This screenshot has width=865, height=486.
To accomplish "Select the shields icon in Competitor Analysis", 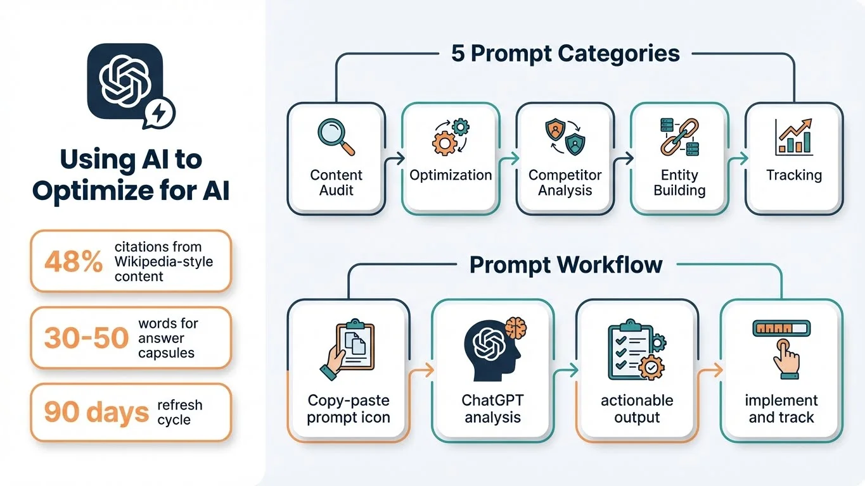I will (x=565, y=135).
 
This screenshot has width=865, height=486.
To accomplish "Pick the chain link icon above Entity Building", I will (x=679, y=135).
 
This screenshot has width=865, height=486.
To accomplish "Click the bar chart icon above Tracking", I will (x=793, y=137).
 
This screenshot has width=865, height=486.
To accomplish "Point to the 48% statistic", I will (x=74, y=261).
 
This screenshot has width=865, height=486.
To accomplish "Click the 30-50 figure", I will (x=86, y=338).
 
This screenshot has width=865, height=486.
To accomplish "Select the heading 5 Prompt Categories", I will (x=565, y=53).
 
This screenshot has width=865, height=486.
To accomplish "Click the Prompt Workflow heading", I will (x=565, y=265).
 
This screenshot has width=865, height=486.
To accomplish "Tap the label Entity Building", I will (x=679, y=182).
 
